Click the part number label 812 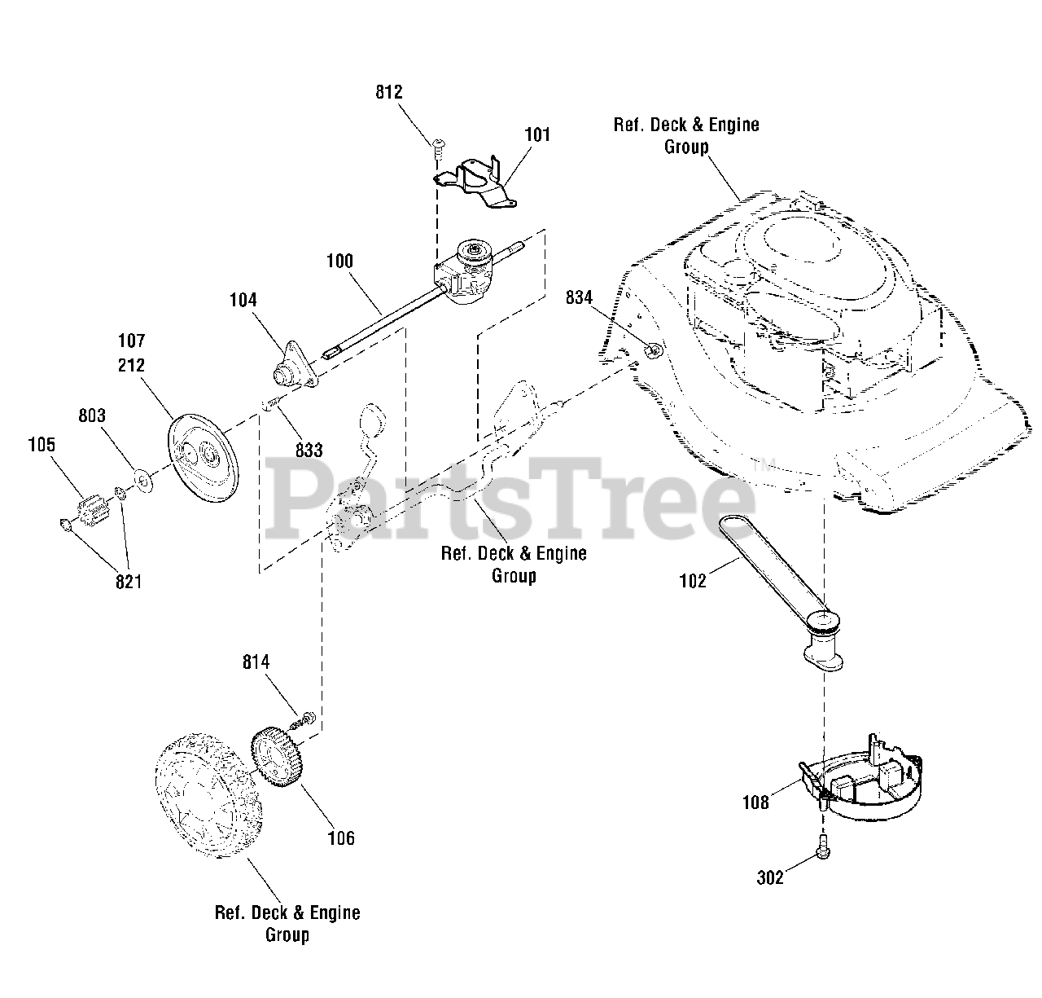(x=389, y=92)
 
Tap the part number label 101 (x=536, y=134)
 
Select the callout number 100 (x=339, y=262)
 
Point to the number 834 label (x=579, y=298)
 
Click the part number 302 (x=770, y=877)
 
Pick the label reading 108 (x=755, y=802)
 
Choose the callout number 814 (x=256, y=663)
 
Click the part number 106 (x=341, y=838)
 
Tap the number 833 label (x=309, y=450)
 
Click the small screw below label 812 (x=438, y=145)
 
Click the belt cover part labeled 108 (x=863, y=783)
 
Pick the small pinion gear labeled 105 (x=97, y=514)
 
